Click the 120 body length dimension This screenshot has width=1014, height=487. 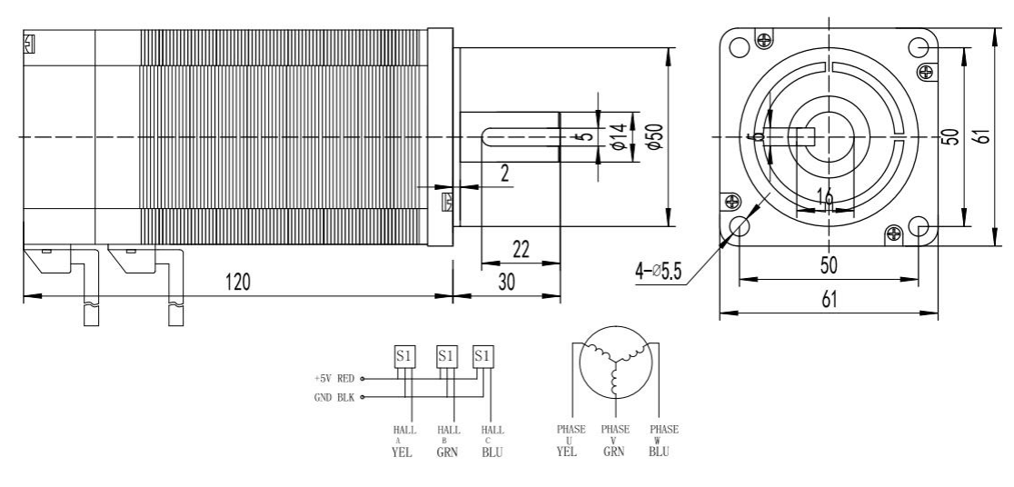point(238,281)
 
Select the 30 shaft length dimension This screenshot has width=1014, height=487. point(506,282)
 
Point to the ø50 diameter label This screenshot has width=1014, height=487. point(653,135)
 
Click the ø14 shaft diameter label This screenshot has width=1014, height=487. point(618,136)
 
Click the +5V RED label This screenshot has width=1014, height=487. point(333,379)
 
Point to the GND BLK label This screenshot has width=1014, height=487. point(333,397)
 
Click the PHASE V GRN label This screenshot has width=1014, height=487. point(615,441)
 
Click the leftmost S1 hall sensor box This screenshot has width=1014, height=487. point(404,355)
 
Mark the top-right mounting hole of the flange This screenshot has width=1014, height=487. point(918,48)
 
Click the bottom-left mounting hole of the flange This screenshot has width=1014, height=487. point(740,225)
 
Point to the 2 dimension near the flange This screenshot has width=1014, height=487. point(504,174)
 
